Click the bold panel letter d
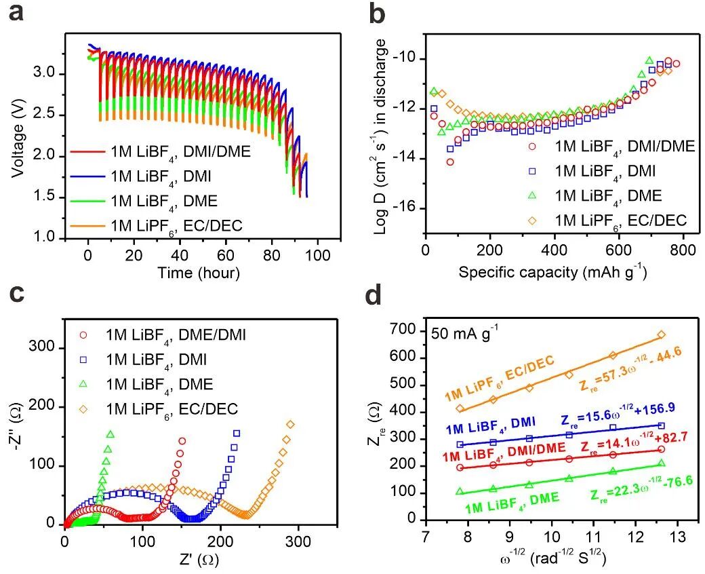coord(374,296)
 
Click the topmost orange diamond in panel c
coord(291,425)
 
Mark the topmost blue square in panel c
coord(237,433)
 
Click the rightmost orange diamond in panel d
coord(661,334)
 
